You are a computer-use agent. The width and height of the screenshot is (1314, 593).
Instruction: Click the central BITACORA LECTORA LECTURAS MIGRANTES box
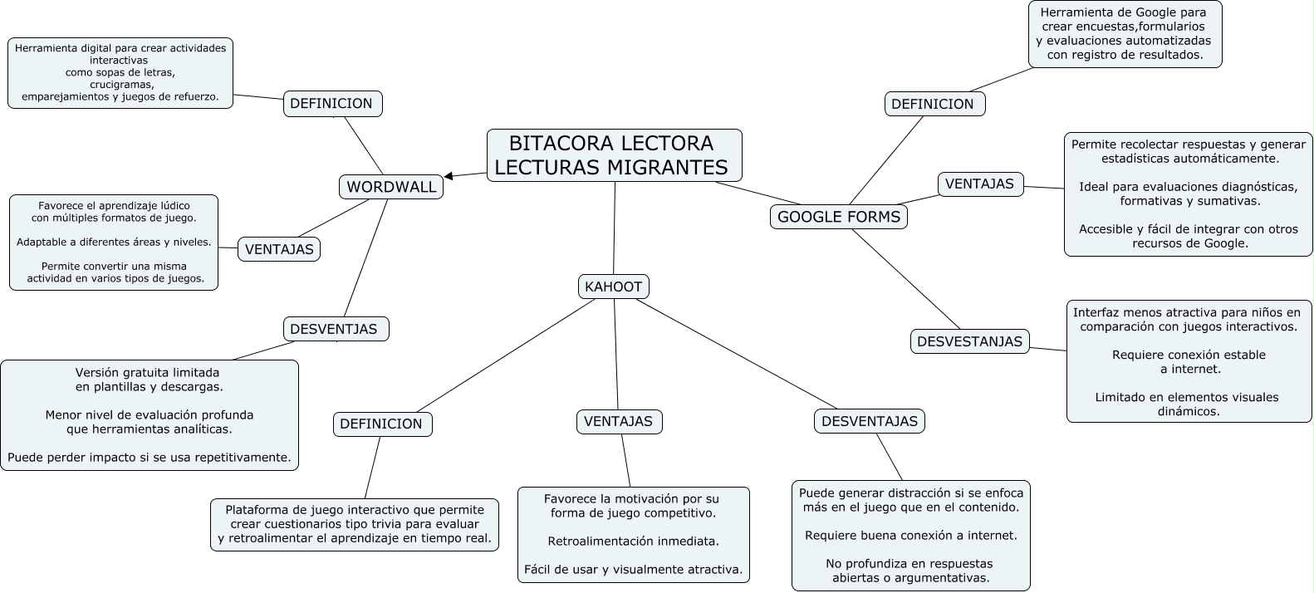pos(614,155)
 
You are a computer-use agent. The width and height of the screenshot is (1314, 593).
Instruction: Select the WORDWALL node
pos(391,187)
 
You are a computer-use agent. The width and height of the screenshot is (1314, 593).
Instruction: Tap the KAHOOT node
pos(614,287)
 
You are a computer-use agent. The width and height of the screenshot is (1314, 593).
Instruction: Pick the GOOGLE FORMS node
pos(839,217)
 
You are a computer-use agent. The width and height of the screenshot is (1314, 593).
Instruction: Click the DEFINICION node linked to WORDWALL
pos(332,104)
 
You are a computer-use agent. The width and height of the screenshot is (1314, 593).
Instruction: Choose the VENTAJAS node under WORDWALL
pos(279,249)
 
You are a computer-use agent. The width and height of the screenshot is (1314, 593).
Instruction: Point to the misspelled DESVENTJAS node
pos(336,329)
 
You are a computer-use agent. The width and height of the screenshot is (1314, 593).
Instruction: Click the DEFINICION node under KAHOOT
pos(382,424)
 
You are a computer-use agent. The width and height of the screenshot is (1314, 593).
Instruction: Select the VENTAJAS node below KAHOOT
pos(620,422)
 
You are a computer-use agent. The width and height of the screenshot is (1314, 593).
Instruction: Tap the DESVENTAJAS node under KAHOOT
pos(870,421)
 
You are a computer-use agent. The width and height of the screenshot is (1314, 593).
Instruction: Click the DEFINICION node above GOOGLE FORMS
pos(935,104)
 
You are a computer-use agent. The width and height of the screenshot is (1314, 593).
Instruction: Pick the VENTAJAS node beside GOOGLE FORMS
pos(980,184)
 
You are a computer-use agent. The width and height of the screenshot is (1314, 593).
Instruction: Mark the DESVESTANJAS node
pos(969,341)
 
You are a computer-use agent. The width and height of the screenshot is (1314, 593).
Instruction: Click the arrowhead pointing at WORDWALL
pos(449,176)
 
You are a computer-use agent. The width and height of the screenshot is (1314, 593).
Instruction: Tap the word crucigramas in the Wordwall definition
pos(122,85)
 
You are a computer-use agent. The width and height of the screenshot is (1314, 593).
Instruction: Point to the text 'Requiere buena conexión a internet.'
pos(911,536)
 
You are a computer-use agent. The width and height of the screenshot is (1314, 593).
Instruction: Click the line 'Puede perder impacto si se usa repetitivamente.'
pos(150,458)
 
